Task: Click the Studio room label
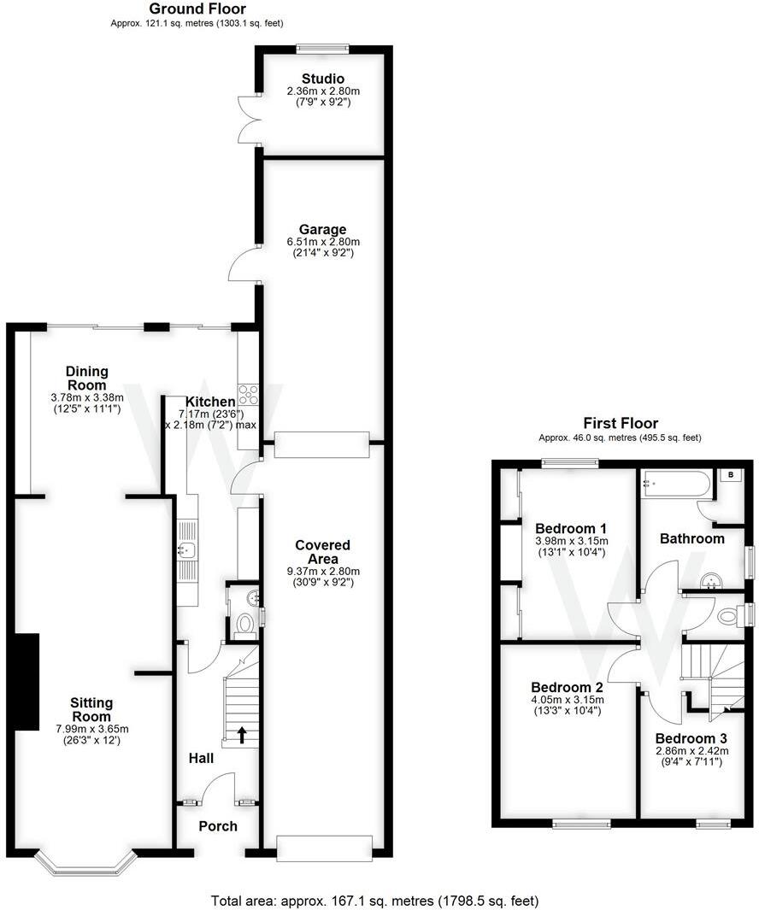[321, 79]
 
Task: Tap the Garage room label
[322, 229]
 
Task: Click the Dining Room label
[87, 378]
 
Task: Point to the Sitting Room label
[91, 709]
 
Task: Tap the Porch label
[218, 826]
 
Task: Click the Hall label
[201, 758]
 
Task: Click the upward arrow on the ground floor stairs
[242, 734]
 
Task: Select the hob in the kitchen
[249, 395]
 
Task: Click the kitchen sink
[187, 550]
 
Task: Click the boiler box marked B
[732, 474]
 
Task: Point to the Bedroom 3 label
[691, 738]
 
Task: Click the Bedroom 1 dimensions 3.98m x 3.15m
[570, 541]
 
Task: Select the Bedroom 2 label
[568, 688]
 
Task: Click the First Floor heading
[620, 423]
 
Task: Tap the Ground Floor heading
[197, 9]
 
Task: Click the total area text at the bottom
[374, 901]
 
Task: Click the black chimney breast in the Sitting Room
[27, 681]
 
